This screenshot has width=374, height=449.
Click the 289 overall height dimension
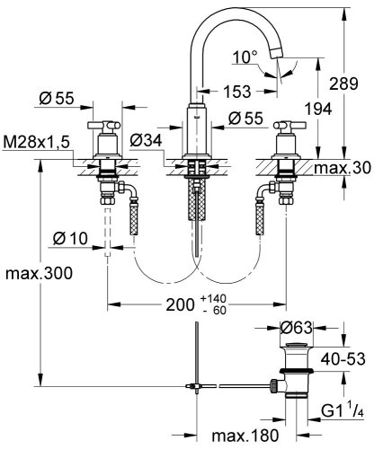[343, 84]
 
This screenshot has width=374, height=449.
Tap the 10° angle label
[245, 57]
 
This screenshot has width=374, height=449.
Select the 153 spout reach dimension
[237, 92]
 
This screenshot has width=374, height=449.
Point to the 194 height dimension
[318, 109]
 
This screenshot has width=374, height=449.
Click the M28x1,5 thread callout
[36, 142]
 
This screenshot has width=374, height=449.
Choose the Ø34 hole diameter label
[146, 140]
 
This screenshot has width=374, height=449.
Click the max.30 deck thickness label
[343, 168]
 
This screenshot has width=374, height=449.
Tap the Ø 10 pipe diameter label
[70, 239]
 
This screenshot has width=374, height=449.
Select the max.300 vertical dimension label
[39, 273]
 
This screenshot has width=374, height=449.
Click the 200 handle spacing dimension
[180, 305]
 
